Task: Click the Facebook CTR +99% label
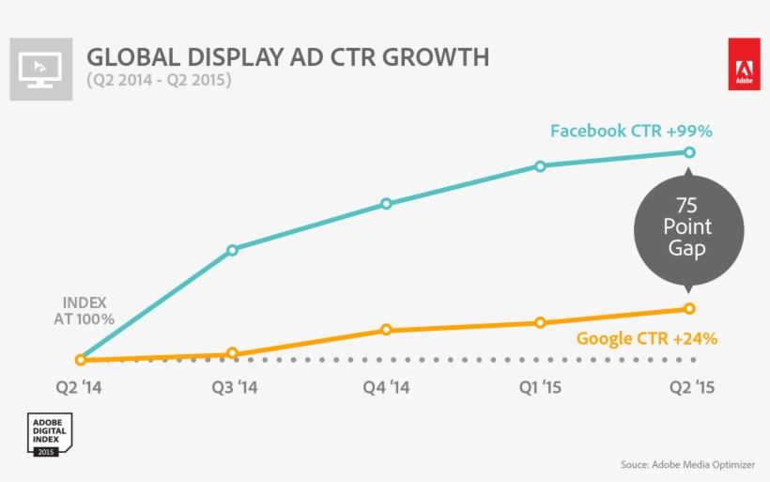coord(631,131)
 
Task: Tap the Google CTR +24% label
coord(646,338)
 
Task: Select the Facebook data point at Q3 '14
coord(232,250)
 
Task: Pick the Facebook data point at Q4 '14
coord(386,204)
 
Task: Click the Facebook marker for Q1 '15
coord(540,166)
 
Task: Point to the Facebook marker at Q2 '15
coord(689,152)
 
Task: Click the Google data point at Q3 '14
coord(232,354)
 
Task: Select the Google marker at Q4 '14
coord(386,330)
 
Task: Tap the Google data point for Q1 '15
coord(540,322)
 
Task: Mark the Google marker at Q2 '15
coord(689,308)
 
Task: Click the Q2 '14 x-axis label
coord(80,387)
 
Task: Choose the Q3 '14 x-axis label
coord(233,387)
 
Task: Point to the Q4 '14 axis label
coord(386,387)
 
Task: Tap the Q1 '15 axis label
coord(539,387)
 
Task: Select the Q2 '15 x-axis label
coord(691,387)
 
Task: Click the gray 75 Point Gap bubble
coord(687,227)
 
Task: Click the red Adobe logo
coord(744,65)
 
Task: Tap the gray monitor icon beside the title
coord(40,69)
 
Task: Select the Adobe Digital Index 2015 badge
coord(45,435)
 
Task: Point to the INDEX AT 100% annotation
coord(84,311)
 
